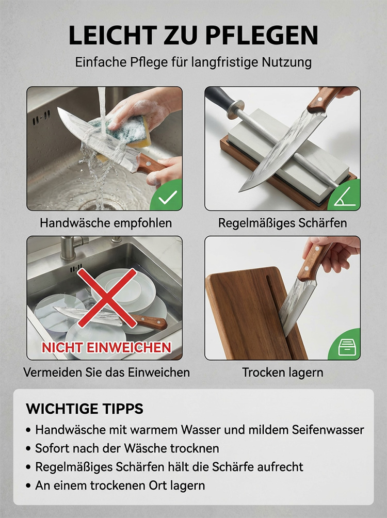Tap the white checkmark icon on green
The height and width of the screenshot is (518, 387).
pos(168,198)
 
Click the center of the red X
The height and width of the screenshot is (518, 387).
pos(107,297)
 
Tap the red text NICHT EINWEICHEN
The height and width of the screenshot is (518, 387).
pos(106,348)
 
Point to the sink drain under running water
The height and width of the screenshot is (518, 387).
pos(99,205)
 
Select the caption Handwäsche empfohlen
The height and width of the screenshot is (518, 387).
pos(106,223)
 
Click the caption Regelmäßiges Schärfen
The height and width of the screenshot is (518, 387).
pos(283,223)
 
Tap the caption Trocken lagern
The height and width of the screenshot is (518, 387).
pos(283,373)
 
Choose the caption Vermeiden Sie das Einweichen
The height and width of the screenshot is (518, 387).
pos(106,373)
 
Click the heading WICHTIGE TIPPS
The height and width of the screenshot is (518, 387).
pos(85,409)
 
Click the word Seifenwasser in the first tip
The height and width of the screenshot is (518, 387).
pos(328,430)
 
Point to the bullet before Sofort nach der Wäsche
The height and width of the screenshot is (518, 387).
pos(29,449)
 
